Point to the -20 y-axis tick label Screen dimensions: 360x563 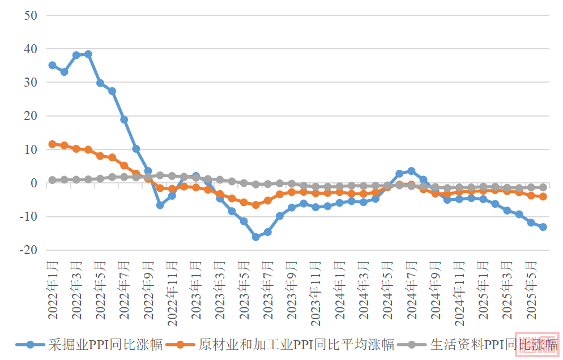coord(28,250)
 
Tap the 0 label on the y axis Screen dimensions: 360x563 coord(34,183)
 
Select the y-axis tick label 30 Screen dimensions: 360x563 coord(31,83)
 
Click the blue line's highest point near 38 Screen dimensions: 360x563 coord(88,54)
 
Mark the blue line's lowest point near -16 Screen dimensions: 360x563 coord(255,237)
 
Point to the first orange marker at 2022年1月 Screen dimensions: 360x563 coord(52,144)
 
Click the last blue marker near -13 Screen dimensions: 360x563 coord(543,227)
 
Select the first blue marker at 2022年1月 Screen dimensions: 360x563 coord(52,65)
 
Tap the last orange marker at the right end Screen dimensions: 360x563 coord(543,196)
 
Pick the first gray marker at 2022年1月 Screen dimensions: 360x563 coord(52,180)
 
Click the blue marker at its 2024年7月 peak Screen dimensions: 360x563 coord(411,171)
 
